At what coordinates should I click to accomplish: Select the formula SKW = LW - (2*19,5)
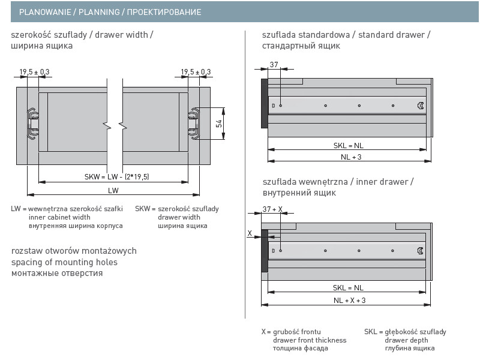117,176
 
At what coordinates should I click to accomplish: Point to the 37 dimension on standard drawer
274,65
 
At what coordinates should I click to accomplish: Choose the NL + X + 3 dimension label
350,300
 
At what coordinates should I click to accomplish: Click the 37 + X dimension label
272,209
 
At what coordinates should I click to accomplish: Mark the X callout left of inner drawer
250,233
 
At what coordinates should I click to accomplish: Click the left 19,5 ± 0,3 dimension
35,72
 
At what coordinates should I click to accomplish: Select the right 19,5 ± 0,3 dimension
196,72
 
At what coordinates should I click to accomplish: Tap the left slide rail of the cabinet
33,122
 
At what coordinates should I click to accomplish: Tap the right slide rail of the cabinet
194,122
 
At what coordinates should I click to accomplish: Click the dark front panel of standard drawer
263,103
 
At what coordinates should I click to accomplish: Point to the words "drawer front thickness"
310,340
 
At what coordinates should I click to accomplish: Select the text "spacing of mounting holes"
64,262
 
